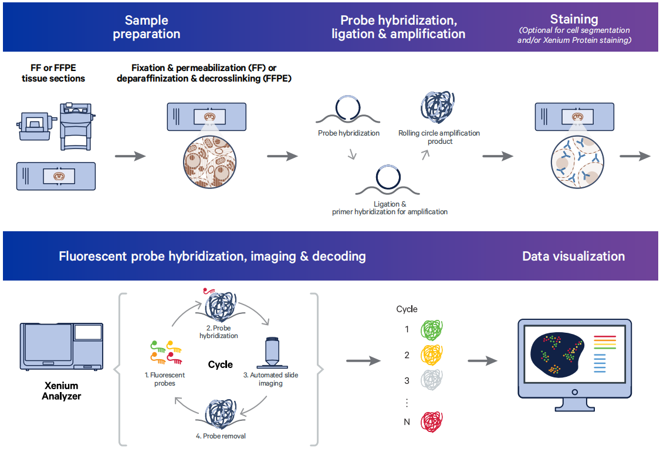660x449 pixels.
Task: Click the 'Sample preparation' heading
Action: [146, 28]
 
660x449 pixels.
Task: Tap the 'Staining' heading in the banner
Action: [574, 19]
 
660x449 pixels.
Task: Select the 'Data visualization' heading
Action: [573, 256]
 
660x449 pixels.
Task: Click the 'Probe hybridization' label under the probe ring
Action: [348, 133]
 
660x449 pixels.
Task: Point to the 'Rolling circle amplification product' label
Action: [439, 137]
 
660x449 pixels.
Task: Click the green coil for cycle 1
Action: [434, 329]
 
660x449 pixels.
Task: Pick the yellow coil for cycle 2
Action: [434, 355]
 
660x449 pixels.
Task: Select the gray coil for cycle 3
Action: [434, 381]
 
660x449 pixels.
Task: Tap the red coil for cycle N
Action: [434, 421]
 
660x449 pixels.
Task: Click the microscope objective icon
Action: [271, 352]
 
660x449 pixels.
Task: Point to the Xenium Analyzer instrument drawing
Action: [62, 346]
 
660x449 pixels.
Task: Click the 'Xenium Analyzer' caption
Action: [62, 391]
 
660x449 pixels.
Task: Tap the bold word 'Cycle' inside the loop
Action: [221, 364]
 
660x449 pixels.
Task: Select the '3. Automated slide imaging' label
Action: [270, 379]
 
